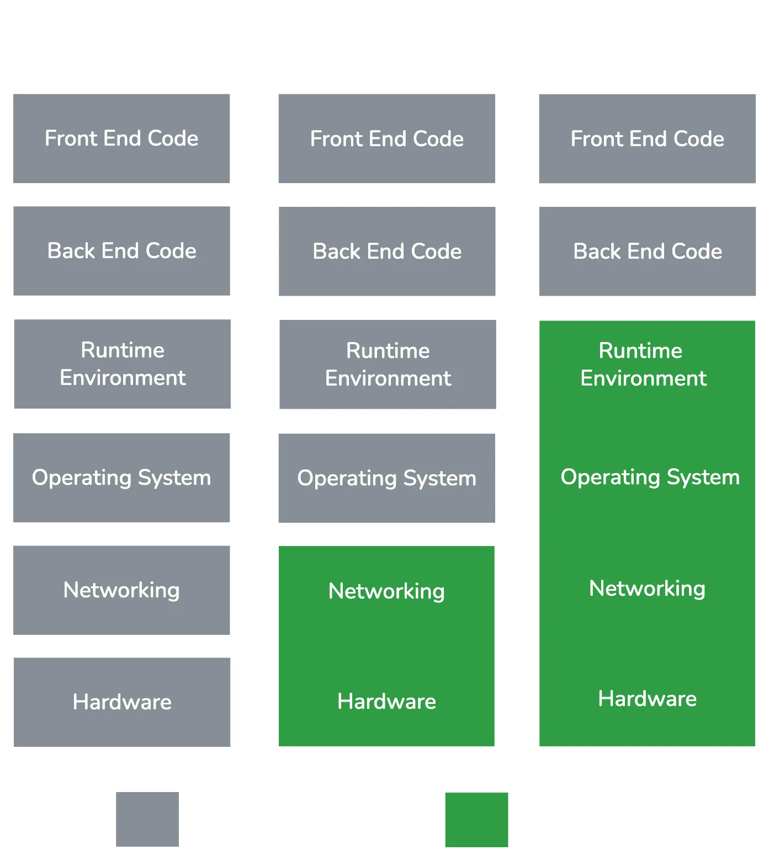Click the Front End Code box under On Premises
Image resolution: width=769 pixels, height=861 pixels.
[122, 138]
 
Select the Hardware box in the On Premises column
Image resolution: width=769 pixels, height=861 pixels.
[122, 702]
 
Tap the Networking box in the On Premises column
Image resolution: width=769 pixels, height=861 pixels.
[122, 590]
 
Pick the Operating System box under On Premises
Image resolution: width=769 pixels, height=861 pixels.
[122, 478]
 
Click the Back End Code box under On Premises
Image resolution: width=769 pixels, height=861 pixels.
[122, 251]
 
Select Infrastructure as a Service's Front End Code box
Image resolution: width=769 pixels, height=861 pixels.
[388, 139]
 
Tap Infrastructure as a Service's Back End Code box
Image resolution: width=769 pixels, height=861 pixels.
[388, 252]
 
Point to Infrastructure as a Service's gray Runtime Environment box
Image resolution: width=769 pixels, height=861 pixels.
[388, 365]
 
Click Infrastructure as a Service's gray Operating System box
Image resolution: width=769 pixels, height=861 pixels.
[388, 478]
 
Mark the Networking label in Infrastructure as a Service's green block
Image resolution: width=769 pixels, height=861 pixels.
[386, 591]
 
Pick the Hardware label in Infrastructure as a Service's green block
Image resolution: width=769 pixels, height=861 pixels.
[386, 702]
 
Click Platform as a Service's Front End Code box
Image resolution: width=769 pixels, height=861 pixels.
[648, 139]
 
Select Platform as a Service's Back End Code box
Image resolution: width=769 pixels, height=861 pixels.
[648, 252]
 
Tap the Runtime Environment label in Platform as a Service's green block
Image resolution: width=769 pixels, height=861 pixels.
[643, 365]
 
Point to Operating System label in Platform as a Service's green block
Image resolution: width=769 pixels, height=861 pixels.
[650, 477]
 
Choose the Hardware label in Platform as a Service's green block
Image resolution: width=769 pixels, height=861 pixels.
[647, 699]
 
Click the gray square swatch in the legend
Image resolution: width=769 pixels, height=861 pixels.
[148, 819]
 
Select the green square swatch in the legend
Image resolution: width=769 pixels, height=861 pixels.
[476, 819]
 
